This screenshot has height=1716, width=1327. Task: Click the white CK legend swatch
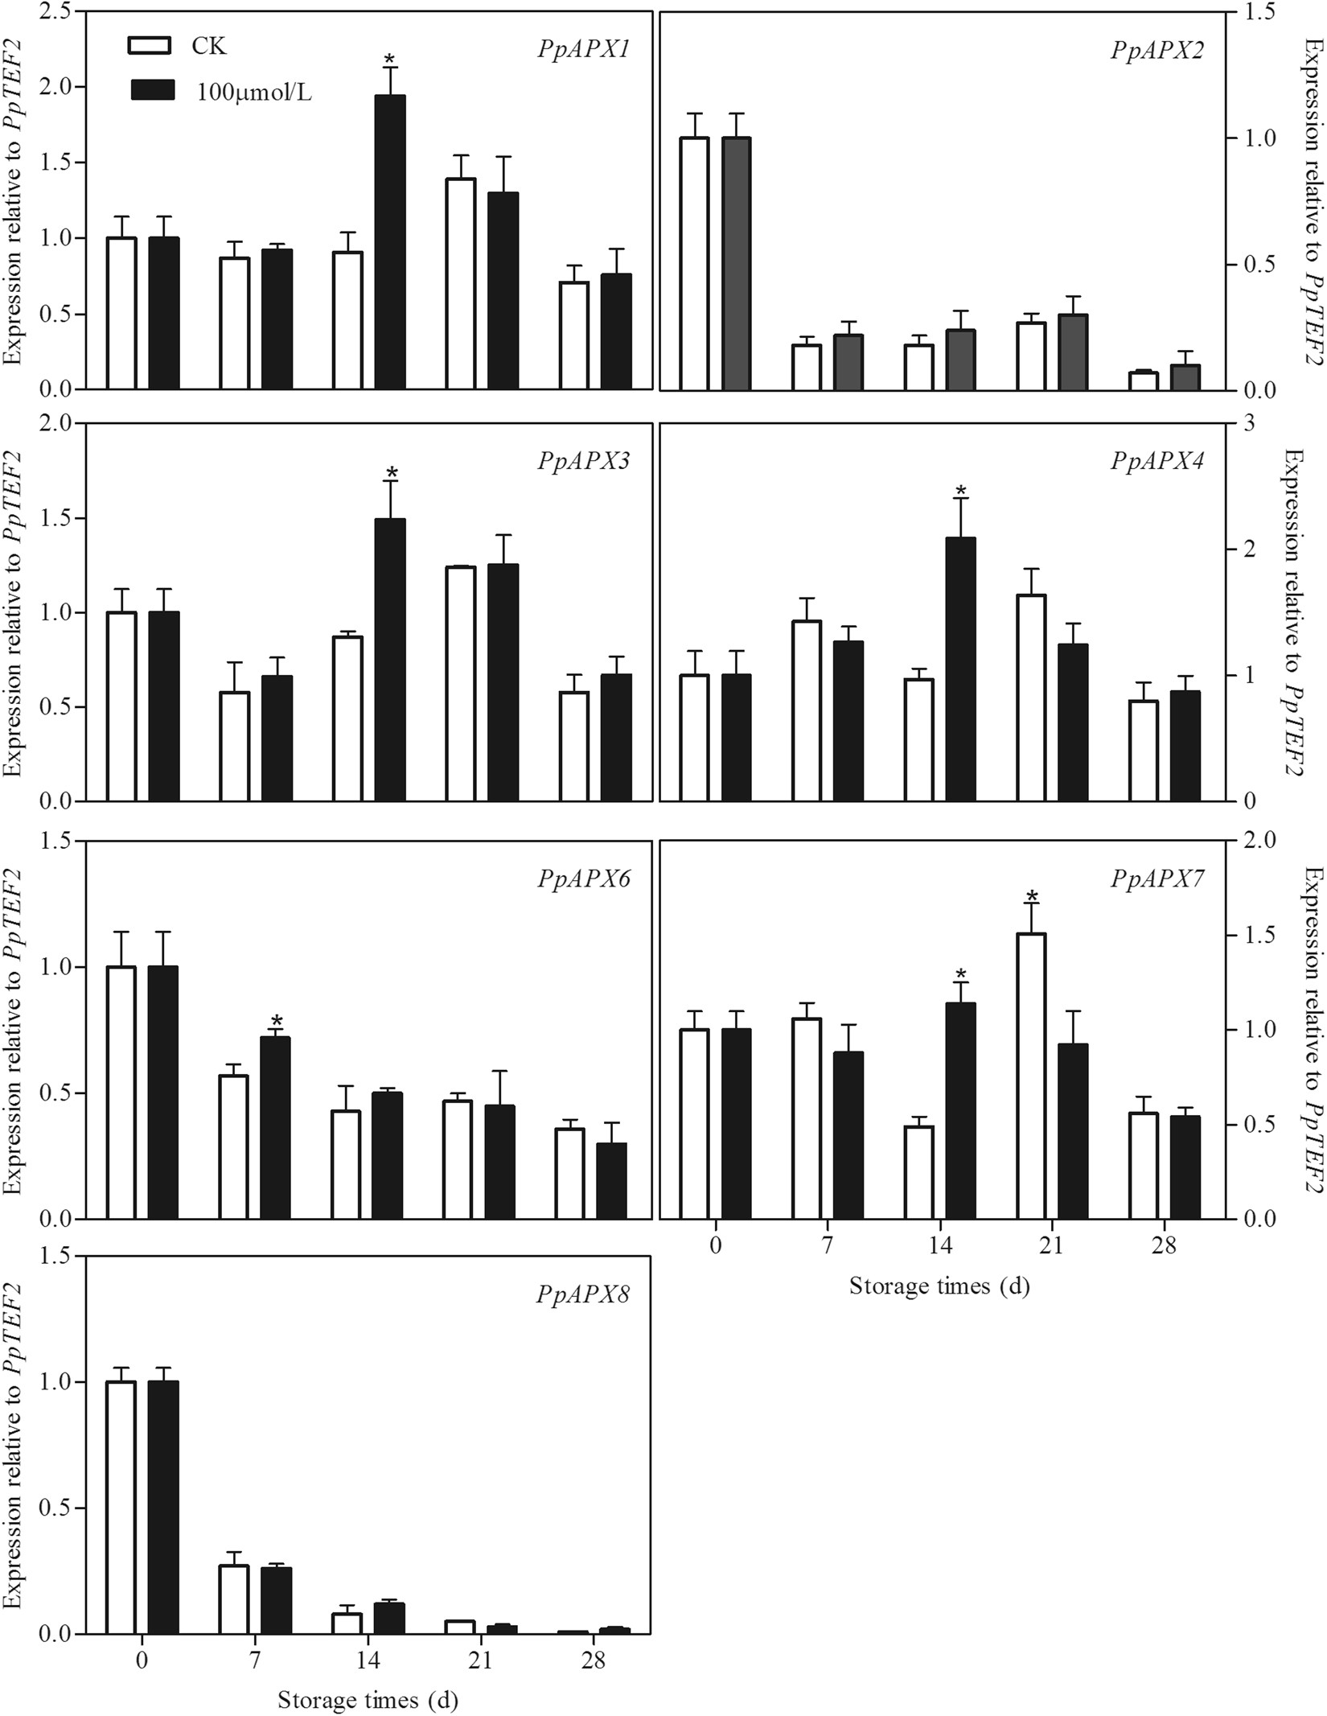(x=150, y=45)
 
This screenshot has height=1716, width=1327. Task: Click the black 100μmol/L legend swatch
(x=150, y=91)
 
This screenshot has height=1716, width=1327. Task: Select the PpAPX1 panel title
(x=583, y=50)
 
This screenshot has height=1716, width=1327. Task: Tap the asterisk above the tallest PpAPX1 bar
(x=390, y=60)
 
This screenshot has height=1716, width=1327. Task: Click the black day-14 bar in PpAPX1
(x=390, y=241)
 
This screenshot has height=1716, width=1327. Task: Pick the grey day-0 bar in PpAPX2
(x=736, y=264)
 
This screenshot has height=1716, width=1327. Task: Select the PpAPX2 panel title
(x=1157, y=50)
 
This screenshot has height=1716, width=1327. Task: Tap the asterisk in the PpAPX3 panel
(x=392, y=473)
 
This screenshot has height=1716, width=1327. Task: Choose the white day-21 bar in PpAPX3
(x=461, y=684)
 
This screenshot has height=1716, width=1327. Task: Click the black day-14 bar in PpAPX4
(x=960, y=669)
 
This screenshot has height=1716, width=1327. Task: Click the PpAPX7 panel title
(x=1157, y=879)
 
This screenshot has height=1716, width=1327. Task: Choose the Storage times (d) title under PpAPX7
(x=939, y=1286)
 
